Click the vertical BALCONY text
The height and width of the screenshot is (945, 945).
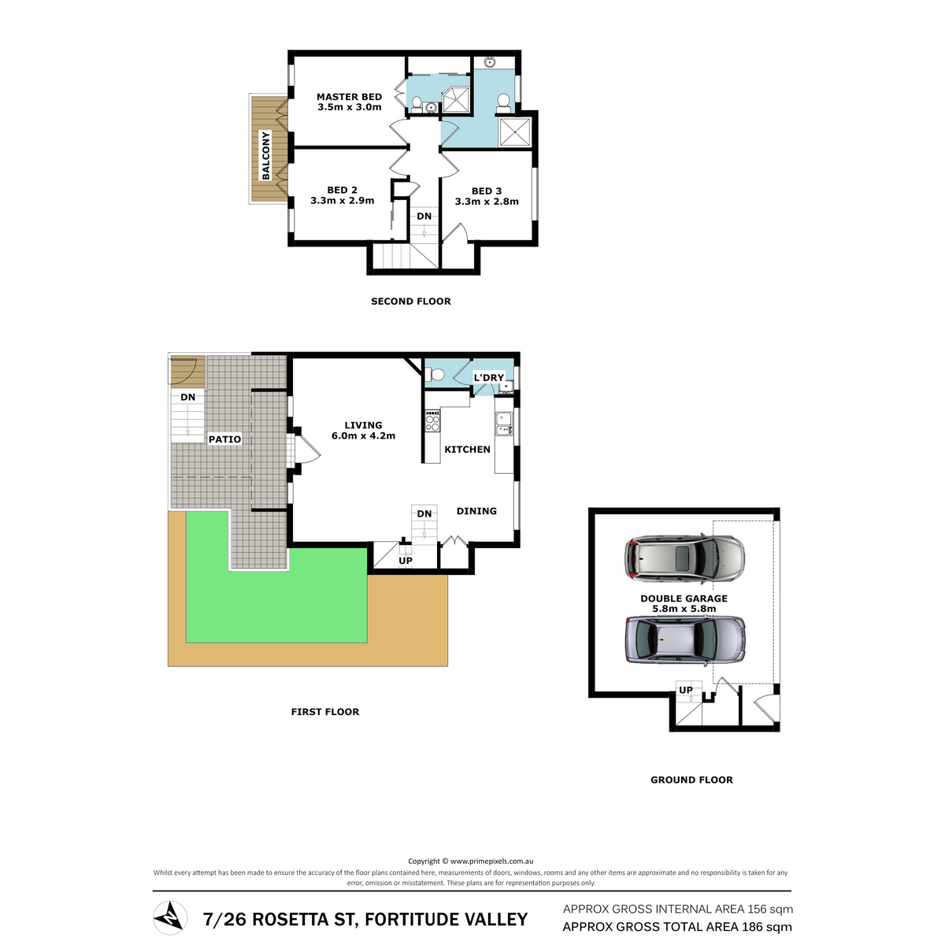265,155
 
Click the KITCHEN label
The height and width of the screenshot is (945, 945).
467,449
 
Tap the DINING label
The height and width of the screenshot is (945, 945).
476,511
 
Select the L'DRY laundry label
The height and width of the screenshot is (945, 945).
488,378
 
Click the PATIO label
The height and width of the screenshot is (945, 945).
224,439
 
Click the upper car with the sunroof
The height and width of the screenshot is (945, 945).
684,558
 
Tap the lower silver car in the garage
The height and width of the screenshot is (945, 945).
685,640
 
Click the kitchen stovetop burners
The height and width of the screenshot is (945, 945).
432,421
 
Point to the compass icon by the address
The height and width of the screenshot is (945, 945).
169,917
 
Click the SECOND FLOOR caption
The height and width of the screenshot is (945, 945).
410,301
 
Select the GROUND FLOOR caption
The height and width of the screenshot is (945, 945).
691,780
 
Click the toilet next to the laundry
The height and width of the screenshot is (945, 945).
435,375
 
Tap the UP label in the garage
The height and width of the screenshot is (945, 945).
686,690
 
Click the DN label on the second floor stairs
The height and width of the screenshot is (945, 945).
424,217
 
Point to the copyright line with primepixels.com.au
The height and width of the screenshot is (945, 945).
470,861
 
